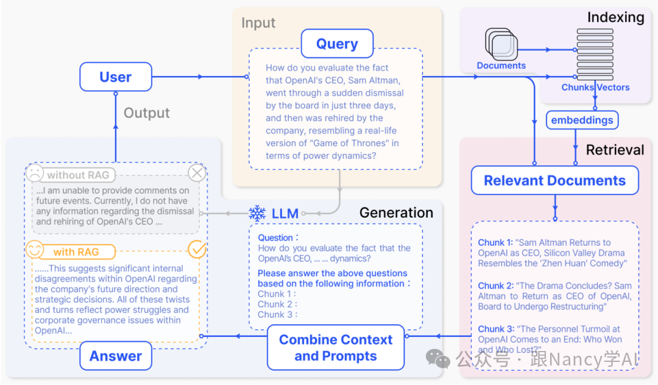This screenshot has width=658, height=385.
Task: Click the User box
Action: click(115, 77)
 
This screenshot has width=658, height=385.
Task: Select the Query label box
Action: click(337, 44)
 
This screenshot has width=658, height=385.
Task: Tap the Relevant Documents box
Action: click(554, 181)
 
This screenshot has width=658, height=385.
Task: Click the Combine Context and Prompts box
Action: click(336, 348)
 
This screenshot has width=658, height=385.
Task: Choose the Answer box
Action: click(116, 356)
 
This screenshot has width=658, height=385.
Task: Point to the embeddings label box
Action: click(582, 120)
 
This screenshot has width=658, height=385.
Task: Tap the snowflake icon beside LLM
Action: click(257, 213)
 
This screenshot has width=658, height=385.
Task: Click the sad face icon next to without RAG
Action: click(35, 174)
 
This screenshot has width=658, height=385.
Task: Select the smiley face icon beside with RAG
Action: click(35, 250)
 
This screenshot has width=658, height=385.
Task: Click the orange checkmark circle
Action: click(197, 249)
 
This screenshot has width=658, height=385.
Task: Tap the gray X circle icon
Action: click(197, 173)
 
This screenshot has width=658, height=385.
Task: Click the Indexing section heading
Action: click(615, 17)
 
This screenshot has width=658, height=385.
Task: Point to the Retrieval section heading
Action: click(615, 150)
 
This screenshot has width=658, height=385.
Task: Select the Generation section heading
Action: click(396, 212)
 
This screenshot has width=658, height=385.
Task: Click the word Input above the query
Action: click(258, 23)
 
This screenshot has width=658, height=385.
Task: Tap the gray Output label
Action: click(146, 113)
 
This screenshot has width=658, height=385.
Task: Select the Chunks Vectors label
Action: click(595, 87)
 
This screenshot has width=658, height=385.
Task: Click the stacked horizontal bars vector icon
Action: click(590, 55)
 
